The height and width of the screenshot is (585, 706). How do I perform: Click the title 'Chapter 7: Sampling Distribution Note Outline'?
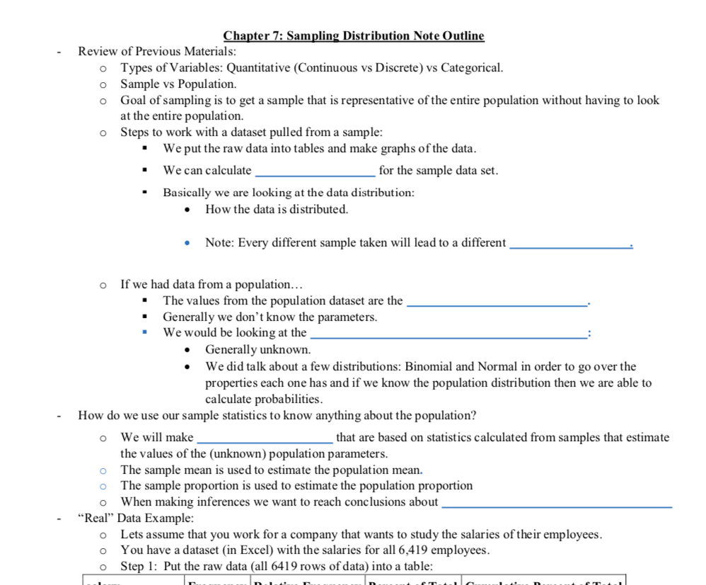(354, 35)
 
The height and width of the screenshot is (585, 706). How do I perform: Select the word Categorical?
(472, 68)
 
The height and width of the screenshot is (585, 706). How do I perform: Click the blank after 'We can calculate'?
(315, 171)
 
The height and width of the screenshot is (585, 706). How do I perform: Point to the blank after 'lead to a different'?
(570, 244)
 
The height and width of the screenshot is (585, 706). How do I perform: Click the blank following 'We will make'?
(265, 438)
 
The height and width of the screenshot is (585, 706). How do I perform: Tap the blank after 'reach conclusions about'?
(556, 502)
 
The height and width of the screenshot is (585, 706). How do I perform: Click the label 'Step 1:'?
(139, 566)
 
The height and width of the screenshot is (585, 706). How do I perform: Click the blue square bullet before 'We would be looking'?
(145, 333)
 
